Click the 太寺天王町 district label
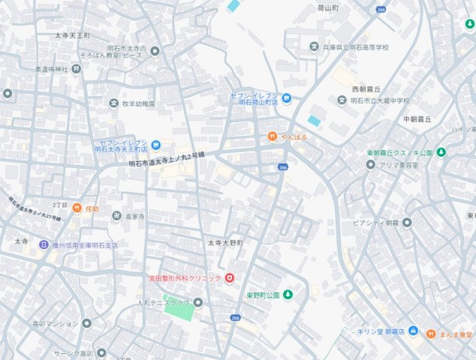point(72,35)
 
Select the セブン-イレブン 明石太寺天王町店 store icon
point(155,145)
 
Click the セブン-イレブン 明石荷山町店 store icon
point(286,98)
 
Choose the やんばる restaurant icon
point(273,136)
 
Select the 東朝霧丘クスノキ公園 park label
point(399,153)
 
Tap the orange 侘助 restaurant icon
point(77,208)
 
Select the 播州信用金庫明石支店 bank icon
point(44,244)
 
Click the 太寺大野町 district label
point(226,244)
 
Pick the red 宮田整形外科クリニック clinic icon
point(229,277)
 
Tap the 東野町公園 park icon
point(287,295)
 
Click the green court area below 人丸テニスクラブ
point(179,310)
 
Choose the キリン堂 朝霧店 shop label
point(380,331)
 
